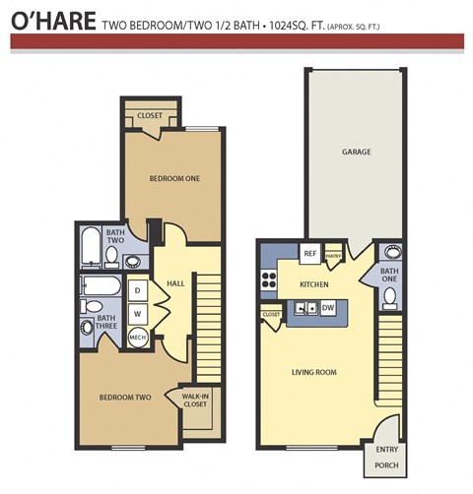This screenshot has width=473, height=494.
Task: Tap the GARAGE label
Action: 355,152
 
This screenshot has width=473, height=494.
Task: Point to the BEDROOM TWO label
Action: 124,398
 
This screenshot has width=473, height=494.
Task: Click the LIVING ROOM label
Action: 314,371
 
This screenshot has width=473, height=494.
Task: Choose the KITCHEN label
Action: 313,283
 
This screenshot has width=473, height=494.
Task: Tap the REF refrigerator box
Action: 309,253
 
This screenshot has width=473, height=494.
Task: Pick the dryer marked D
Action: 138,291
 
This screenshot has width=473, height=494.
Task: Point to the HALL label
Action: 175,283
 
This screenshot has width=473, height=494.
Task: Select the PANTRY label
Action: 333,254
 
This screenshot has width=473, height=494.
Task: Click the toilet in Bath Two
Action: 111,258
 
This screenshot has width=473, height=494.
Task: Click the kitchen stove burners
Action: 267,280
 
